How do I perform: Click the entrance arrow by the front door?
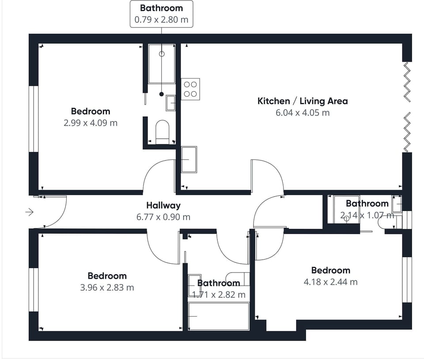coord(30,212)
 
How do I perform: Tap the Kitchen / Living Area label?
coord(303,101)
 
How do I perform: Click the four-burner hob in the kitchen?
coord(190,89)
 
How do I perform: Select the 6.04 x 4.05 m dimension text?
coord(303,113)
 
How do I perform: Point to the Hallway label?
coord(163,205)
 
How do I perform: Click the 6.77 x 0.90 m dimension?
coord(163,217)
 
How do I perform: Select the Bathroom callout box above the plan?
coord(161,14)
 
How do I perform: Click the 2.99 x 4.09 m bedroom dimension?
coord(91,123)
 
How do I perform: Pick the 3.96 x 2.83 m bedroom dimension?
coord(107,288)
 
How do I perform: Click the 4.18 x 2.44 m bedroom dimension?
coord(330,282)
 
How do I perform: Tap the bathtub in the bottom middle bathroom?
coord(218,316)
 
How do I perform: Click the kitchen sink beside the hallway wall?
coord(189,159)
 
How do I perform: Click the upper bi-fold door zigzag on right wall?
coord(407,82)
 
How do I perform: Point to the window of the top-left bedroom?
coord(32,119)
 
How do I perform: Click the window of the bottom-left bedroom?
coord(32,289)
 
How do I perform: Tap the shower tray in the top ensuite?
coord(161,64)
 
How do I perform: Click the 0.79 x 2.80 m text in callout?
coord(161,20)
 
